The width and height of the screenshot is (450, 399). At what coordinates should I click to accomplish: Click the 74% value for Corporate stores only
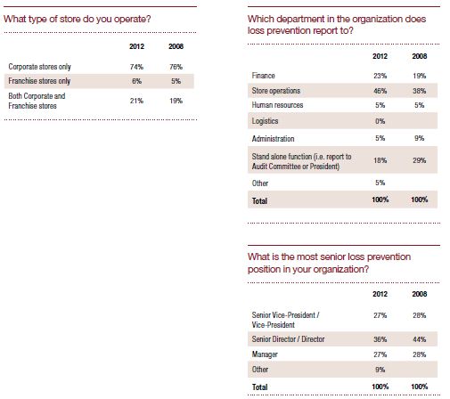tap(136, 67)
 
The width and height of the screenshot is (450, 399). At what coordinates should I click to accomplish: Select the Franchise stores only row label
tap(39, 81)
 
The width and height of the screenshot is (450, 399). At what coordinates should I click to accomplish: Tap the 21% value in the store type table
tap(136, 101)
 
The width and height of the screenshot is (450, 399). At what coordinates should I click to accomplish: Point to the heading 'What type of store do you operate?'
tap(78, 20)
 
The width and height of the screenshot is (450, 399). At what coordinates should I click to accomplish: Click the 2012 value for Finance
tap(380, 76)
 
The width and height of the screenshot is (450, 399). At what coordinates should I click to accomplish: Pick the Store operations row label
tap(276, 91)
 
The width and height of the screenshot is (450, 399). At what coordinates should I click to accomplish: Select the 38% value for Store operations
tap(420, 91)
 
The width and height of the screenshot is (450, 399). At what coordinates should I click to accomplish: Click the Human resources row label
tap(277, 105)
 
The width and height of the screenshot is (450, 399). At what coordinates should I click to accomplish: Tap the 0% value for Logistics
tap(380, 121)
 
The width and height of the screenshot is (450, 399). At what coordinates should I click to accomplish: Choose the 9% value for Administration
tap(420, 138)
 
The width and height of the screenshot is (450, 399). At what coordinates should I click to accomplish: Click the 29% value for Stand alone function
tap(420, 160)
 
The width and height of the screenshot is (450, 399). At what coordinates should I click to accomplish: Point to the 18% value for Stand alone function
tap(380, 160)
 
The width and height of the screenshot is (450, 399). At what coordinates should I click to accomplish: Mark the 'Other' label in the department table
tap(260, 183)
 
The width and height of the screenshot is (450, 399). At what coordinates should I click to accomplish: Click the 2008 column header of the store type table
tap(176, 46)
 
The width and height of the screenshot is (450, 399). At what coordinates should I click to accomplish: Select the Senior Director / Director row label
tap(288, 339)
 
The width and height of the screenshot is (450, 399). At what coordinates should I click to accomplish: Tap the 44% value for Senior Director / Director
tap(420, 339)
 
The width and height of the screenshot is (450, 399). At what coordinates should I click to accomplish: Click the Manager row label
tap(265, 354)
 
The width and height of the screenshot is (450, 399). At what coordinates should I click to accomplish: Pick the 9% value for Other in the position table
tap(380, 370)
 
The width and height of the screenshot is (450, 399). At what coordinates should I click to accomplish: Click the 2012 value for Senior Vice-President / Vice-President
tap(380, 315)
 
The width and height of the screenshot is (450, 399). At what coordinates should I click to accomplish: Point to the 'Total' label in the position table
tap(259, 387)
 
